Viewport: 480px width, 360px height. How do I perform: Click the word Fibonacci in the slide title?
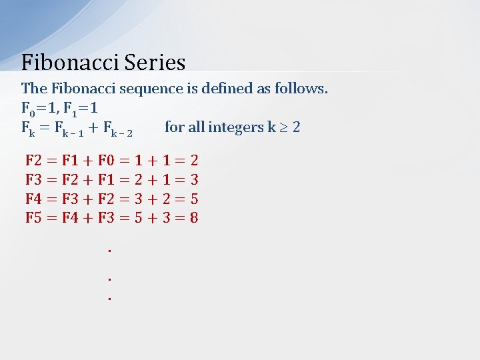[64, 63]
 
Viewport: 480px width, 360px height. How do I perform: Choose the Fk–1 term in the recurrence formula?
[67, 128]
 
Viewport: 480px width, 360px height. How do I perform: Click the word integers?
[235, 127]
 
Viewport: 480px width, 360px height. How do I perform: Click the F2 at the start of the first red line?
[33, 160]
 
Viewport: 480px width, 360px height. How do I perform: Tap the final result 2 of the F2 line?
[194, 160]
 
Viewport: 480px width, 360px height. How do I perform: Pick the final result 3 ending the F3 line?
[194, 179]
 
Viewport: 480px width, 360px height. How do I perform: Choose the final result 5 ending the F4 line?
[194, 199]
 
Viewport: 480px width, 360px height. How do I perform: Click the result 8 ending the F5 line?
[194, 218]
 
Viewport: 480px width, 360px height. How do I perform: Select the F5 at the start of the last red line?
[33, 218]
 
